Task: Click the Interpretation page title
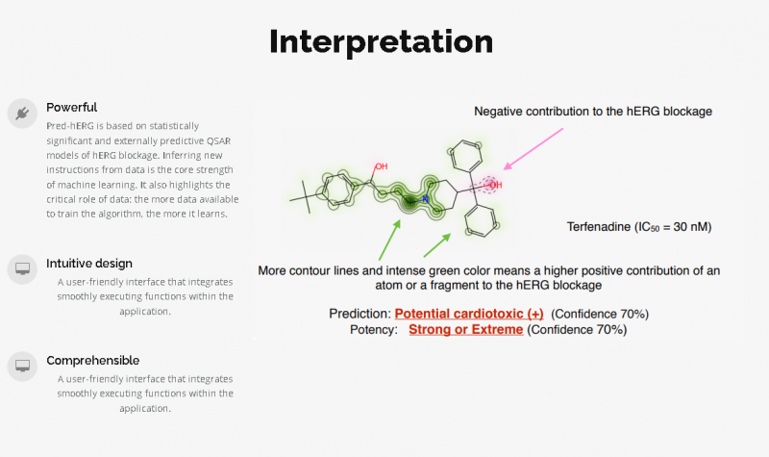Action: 381,42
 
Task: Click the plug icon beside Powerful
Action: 20,114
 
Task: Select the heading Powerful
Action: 72,108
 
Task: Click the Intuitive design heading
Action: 89,264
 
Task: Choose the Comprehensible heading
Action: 92,361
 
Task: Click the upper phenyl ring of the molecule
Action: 467,154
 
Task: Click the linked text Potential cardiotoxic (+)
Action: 469,314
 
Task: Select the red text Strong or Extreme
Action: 465,329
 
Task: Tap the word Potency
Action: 373,329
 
